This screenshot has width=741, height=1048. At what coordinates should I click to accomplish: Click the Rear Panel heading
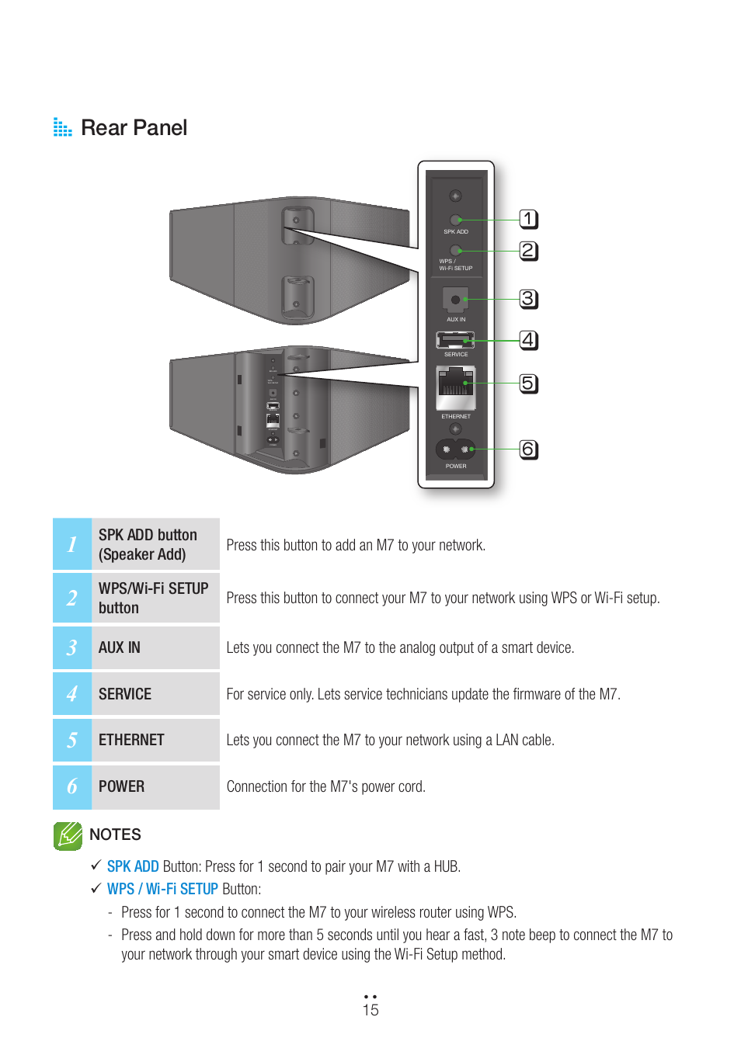click(x=134, y=128)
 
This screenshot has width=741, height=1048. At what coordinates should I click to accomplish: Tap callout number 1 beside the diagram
click(x=528, y=219)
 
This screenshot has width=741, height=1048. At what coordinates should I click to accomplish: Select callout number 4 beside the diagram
click(x=528, y=340)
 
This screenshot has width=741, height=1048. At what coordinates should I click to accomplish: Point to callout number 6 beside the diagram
click(x=528, y=449)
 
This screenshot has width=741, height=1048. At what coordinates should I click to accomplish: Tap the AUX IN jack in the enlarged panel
click(x=455, y=300)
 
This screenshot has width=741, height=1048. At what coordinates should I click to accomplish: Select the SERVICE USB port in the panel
click(x=455, y=340)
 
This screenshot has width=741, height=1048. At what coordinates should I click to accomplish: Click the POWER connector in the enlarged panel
click(x=455, y=449)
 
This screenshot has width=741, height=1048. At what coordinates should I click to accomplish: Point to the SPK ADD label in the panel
click(x=456, y=231)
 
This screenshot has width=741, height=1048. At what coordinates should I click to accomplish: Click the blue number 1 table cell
click(x=72, y=544)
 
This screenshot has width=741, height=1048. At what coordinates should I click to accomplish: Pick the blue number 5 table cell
click(x=72, y=740)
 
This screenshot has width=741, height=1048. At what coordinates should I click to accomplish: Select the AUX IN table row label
click(x=120, y=647)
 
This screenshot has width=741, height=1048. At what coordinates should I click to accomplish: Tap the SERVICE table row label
click(x=125, y=694)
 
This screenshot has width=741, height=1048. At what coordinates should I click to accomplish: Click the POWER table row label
click(x=121, y=786)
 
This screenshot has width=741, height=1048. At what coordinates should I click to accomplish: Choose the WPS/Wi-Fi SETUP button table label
click(x=153, y=598)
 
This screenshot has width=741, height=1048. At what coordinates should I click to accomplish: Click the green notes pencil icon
click(x=68, y=835)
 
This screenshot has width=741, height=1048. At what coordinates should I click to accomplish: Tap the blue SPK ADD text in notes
click(x=133, y=866)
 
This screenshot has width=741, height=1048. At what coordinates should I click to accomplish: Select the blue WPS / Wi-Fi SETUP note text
click(x=162, y=889)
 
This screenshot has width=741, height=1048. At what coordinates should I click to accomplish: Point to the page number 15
click(x=370, y=1010)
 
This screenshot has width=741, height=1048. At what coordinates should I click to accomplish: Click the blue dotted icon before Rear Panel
click(x=62, y=127)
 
